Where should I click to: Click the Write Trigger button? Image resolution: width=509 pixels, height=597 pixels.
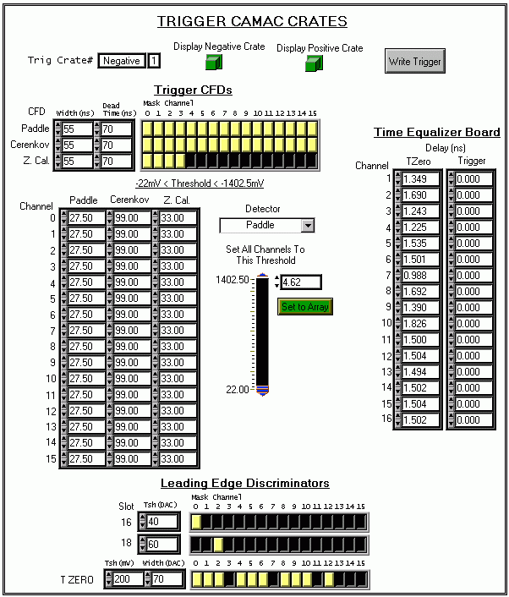(414, 61)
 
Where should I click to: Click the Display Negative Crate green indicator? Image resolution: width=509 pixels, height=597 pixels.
(214, 62)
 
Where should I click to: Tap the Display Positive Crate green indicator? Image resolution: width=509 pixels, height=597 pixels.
(314, 63)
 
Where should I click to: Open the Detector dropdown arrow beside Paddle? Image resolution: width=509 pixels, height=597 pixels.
(308, 226)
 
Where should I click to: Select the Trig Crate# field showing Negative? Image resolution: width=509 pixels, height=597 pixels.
(122, 61)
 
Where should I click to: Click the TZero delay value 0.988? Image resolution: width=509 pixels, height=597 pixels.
(420, 276)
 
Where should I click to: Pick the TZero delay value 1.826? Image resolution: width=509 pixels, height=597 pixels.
(420, 324)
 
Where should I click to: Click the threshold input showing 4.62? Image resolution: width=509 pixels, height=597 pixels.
(301, 282)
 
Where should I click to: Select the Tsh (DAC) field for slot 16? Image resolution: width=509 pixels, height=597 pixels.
(162, 521)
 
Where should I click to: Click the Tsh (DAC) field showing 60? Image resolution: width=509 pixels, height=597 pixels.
(162, 544)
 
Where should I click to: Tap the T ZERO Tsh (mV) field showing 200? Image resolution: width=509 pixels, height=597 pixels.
(128, 579)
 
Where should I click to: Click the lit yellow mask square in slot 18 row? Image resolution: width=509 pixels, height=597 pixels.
(218, 545)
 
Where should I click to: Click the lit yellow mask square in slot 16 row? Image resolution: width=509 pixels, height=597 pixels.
(196, 522)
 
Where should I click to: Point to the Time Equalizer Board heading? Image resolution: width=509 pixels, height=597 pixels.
(436, 132)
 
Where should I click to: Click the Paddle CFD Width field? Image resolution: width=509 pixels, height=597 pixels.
(77, 129)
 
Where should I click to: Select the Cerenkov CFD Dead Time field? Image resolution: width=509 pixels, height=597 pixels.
(117, 145)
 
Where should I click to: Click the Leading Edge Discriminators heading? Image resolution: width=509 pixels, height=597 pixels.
(245, 483)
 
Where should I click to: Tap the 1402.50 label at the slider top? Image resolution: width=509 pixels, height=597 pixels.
(233, 280)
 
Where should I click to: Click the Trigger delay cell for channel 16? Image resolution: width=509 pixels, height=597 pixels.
(473, 420)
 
